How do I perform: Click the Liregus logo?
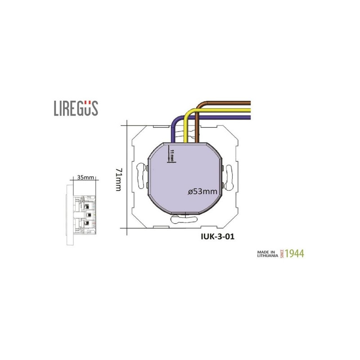coord(76,108)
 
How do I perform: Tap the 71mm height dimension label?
coord(118,180)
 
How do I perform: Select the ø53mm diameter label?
coord(202,191)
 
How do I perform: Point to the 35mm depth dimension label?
coord(85,177)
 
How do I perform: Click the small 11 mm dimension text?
coord(172,155)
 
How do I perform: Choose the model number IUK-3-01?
coord(218,237)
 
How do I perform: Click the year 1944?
coord(295,253)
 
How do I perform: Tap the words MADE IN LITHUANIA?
coord(267,254)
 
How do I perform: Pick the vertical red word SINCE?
coord(282,254)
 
